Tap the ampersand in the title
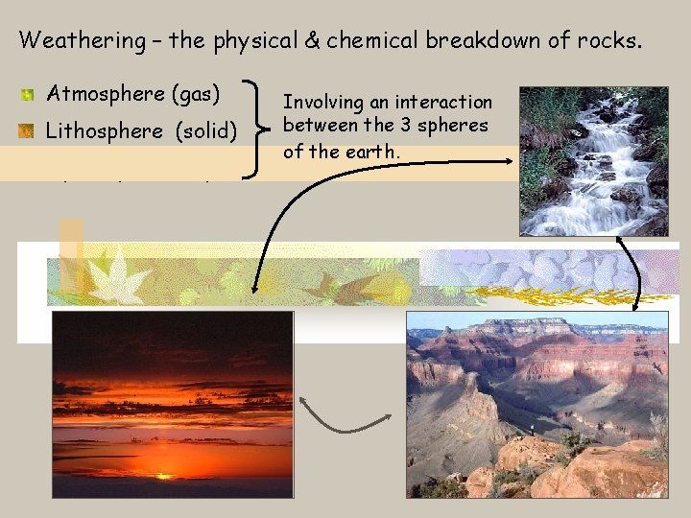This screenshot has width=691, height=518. click(287, 40)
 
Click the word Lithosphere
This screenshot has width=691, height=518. click(105, 131)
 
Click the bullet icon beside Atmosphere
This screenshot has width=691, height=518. click(29, 95)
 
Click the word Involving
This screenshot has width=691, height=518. click(321, 102)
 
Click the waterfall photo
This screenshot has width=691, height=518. click(593, 160)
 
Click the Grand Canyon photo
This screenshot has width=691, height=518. click(536, 403)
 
